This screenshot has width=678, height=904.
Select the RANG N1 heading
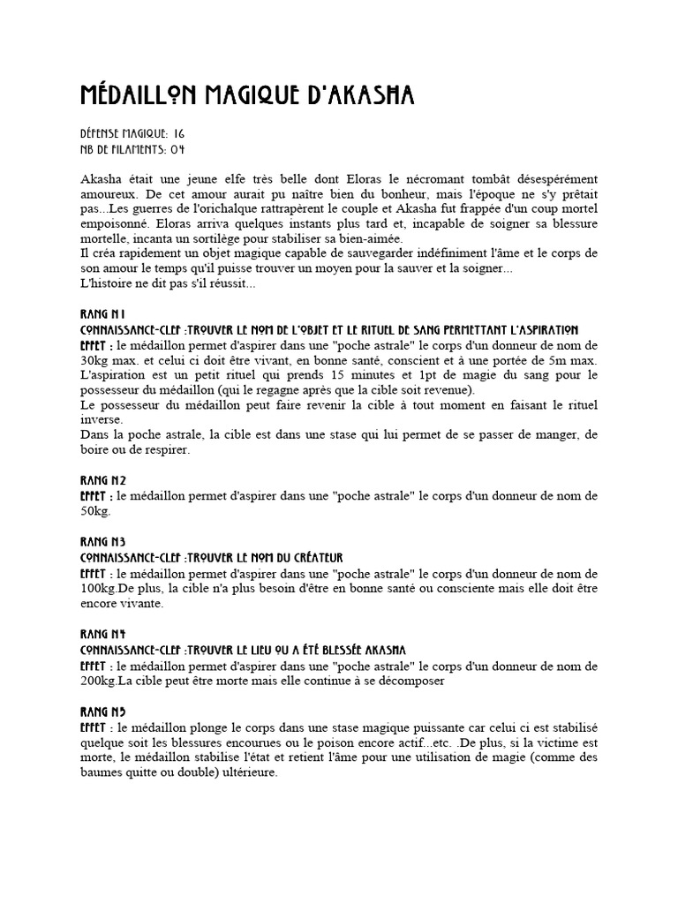[103, 314]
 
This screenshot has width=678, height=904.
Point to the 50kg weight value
[95, 511]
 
